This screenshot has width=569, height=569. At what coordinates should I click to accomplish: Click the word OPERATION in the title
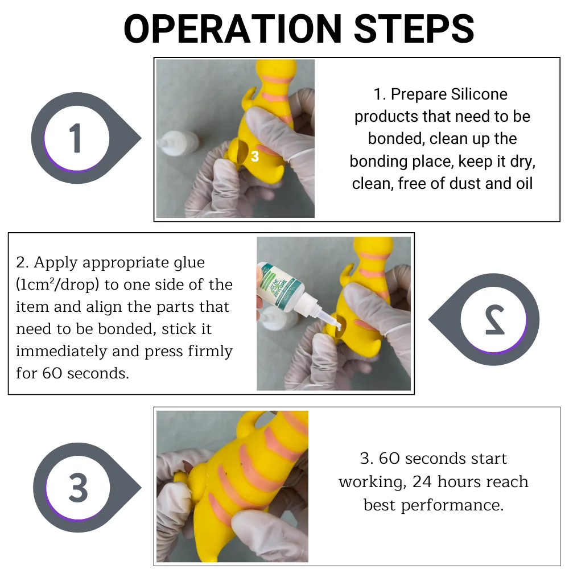coord(233,28)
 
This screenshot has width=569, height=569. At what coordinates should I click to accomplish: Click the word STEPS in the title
coord(414,28)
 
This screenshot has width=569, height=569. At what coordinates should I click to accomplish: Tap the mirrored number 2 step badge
coord(484,319)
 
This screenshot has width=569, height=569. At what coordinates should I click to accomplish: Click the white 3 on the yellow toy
coord(255,156)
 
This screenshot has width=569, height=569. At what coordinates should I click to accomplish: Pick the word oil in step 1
coord(524,184)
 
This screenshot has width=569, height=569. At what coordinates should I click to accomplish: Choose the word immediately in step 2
coord(61,351)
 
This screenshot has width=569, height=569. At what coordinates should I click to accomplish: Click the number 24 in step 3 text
coord(422,481)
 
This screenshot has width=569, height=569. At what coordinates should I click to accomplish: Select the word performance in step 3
coord(452,505)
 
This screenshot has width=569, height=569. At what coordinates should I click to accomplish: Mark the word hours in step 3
coord(458,481)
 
